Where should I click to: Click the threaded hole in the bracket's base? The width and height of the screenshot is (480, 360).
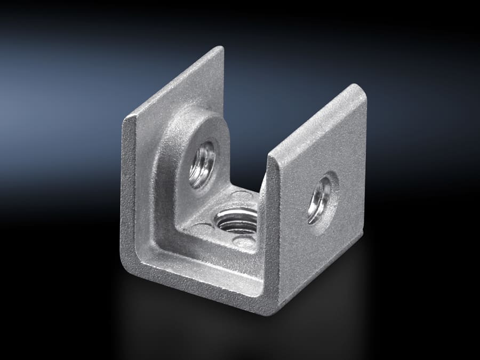click(x=236, y=220)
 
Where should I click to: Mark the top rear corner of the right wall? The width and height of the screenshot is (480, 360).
click(x=362, y=87)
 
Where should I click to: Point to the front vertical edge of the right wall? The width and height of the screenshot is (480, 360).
click(x=270, y=235)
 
